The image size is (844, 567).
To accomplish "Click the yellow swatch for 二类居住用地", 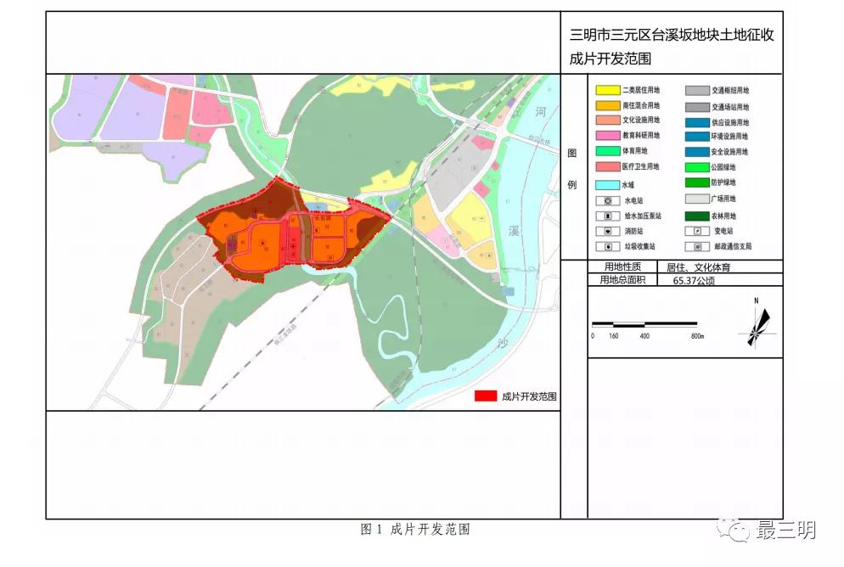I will click(x=607, y=90).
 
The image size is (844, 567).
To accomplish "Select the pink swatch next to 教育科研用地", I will click(x=607, y=136).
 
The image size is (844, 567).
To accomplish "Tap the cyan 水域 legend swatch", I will click(x=607, y=184).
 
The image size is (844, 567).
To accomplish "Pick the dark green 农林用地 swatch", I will click(x=697, y=216).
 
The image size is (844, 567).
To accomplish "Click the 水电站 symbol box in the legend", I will click(x=607, y=200).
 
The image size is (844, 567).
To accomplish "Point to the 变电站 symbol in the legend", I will click(x=697, y=231).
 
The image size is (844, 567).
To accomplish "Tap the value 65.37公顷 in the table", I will click(x=692, y=279).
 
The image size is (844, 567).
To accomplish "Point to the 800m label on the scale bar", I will click(x=697, y=336).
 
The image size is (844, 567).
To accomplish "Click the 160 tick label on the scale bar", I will click(x=613, y=336).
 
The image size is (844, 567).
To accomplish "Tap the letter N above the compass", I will click(x=756, y=300).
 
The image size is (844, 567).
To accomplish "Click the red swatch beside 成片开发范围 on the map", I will click(x=485, y=396).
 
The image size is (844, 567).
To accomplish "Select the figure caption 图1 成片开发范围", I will click(x=415, y=530).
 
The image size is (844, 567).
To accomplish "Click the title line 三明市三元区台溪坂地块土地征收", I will click(x=672, y=36).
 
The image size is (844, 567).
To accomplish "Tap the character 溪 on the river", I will click(x=514, y=231).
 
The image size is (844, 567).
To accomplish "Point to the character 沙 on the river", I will click(x=504, y=343).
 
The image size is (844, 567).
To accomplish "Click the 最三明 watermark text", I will click(x=786, y=531).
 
